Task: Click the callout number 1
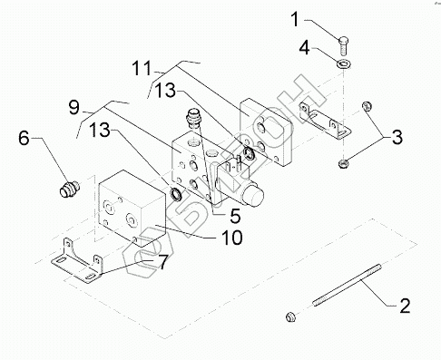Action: pyautogui.click(x=295, y=19)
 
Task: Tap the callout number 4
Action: pyautogui.click(x=305, y=48)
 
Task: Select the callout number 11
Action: pyautogui.click(x=142, y=68)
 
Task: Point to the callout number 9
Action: pyautogui.click(x=74, y=108)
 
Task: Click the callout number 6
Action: pyautogui.click(x=24, y=138)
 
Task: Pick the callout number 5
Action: pyautogui.click(x=235, y=216)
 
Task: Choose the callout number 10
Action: pyautogui.click(x=232, y=238)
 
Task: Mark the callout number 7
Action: pyautogui.click(x=162, y=262)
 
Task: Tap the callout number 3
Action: pyautogui.click(x=397, y=137)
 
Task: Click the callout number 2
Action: pyautogui.click(x=405, y=306)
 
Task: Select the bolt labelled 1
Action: pyautogui.click(x=343, y=45)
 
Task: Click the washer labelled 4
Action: pyautogui.click(x=344, y=63)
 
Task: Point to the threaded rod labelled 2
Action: pyautogui.click(x=347, y=286)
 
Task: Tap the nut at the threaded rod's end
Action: pyautogui.click(x=290, y=317)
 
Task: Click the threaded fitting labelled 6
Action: pyautogui.click(x=69, y=189)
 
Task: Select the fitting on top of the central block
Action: pyautogui.click(x=193, y=118)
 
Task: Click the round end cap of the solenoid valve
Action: pyautogui.click(x=255, y=195)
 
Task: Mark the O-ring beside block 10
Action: pyautogui.click(x=176, y=194)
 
